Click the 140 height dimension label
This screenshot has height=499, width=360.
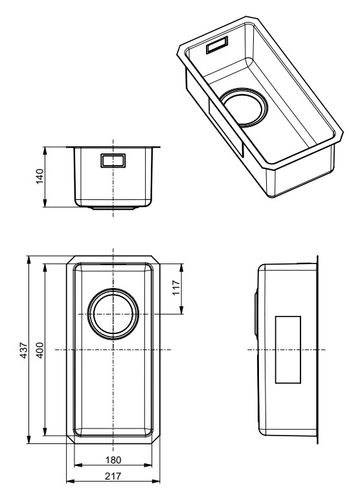click(39, 177)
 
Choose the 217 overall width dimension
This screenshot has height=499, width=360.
click(113, 474)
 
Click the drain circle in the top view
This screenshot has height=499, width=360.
click(113, 314)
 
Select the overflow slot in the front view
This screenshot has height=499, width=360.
click(113, 161)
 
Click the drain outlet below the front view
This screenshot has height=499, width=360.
click(113, 208)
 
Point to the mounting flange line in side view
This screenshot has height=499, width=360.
click(318, 349)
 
